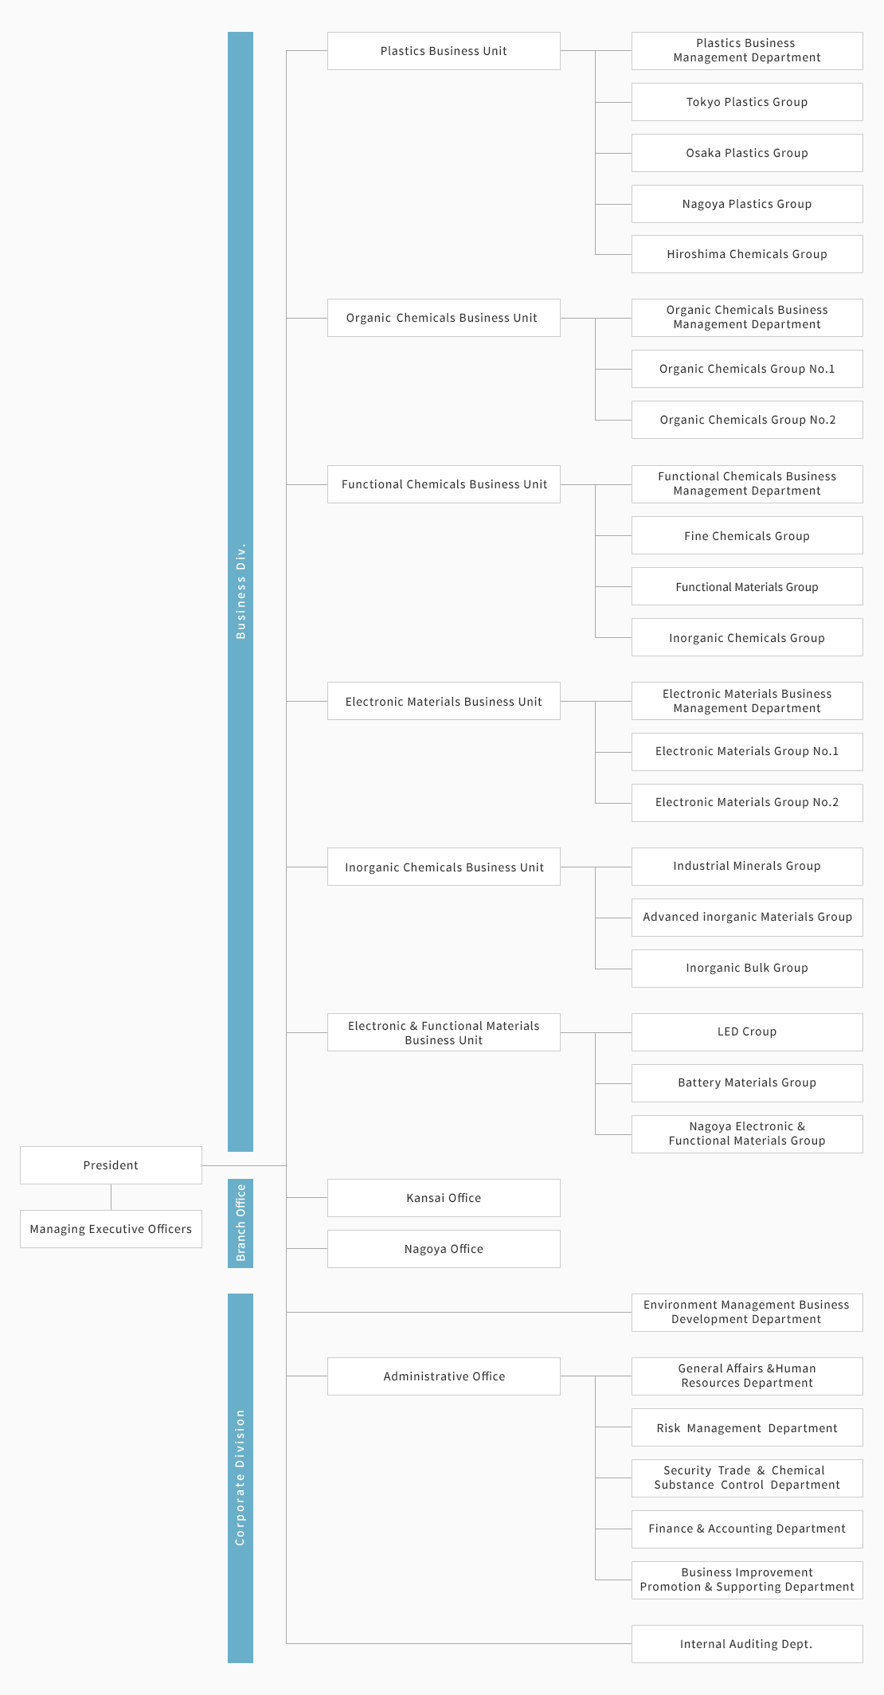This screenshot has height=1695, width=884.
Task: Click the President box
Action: coord(111,1165)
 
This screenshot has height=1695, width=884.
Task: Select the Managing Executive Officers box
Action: coord(111,1229)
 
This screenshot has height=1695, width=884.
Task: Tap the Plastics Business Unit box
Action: coord(444,51)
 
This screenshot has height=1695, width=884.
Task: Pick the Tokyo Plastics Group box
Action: coord(747,102)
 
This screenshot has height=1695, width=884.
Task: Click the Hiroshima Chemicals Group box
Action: coord(747,254)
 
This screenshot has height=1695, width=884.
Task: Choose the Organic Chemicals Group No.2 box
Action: coord(747,420)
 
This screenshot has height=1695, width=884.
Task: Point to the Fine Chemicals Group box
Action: coord(747,535)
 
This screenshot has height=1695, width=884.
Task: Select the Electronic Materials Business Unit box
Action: coord(444,701)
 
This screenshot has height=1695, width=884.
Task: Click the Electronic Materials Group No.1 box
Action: coord(747,752)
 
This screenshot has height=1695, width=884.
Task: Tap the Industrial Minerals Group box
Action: coord(747,867)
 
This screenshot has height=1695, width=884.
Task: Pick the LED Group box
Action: coord(747,1032)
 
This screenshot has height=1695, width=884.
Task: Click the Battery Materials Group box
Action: coord(747,1083)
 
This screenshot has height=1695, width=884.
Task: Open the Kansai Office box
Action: coord(444,1198)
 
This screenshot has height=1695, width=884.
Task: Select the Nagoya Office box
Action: coord(444,1249)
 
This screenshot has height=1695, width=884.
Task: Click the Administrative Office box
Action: coord(444,1376)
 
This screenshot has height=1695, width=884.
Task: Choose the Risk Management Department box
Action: coord(747,1427)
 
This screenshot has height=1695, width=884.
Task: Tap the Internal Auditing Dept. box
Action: coord(747,1644)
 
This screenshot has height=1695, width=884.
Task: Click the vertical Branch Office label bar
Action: coord(241,1223)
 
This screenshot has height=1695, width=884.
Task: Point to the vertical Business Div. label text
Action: coord(241,591)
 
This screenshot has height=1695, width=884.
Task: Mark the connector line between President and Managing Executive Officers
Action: coord(111,1197)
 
